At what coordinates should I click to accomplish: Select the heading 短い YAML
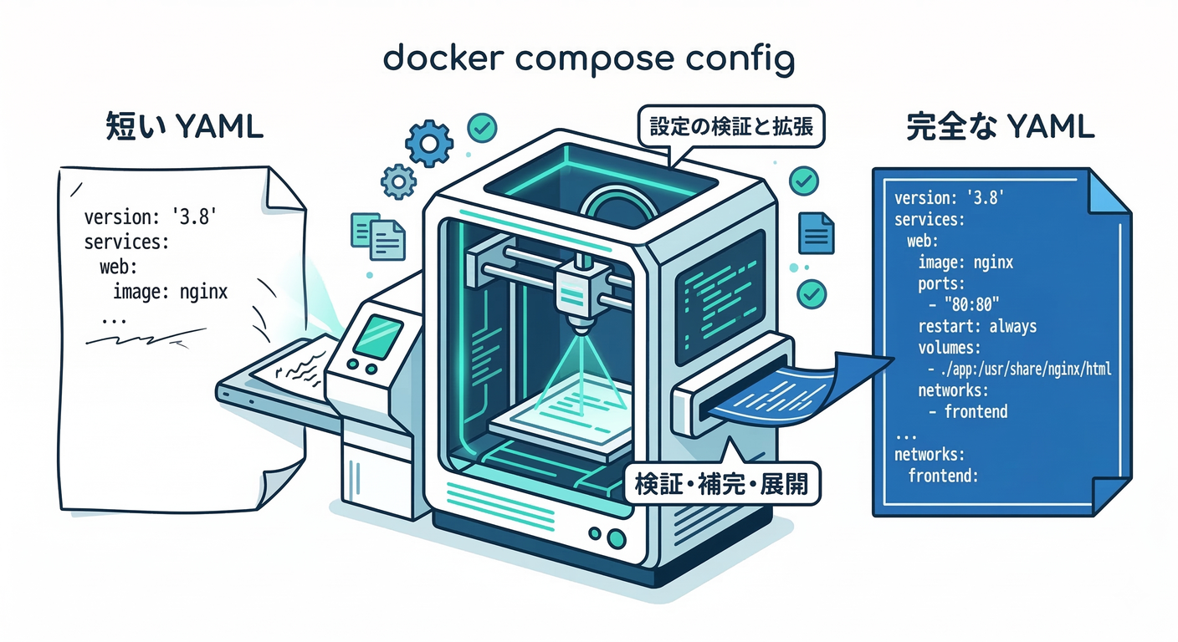pos(185,127)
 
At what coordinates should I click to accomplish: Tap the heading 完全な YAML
pos(1000,127)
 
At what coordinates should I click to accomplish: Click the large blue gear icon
pos(428,145)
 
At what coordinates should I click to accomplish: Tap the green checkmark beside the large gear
pos(482,127)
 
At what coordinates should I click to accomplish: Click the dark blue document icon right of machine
pos(816,232)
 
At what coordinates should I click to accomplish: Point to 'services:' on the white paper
pos(126,243)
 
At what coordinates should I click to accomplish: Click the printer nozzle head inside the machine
pos(577,288)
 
